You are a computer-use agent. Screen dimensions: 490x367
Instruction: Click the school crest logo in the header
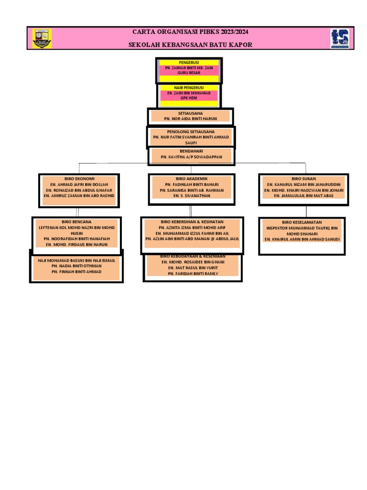pyautogui.click(x=42, y=38)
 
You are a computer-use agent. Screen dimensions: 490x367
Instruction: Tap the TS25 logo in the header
pyautogui.click(x=340, y=38)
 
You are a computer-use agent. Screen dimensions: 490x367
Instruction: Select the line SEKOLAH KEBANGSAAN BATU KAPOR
pyautogui.click(x=190, y=45)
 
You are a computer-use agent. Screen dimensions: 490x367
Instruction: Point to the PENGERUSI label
pyautogui.click(x=189, y=63)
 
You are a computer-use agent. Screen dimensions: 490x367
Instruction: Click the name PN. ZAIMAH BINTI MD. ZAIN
pyautogui.click(x=189, y=68)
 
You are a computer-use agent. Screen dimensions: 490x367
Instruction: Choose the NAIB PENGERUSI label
pyautogui.click(x=189, y=88)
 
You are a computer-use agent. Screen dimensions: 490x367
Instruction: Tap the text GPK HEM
pyautogui.click(x=189, y=98)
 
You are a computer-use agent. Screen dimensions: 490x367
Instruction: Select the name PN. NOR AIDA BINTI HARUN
pyautogui.click(x=190, y=118)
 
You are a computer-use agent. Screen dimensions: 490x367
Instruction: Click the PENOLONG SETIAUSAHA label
pyautogui.click(x=191, y=132)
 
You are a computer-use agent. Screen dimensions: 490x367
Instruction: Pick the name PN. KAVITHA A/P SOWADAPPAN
pyautogui.click(x=191, y=157)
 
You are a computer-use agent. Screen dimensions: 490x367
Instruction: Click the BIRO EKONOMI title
pyautogui.click(x=79, y=178)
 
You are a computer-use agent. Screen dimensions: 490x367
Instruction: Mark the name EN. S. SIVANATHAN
pyautogui.click(x=191, y=196)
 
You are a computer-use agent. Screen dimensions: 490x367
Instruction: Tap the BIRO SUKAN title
pyautogui.click(x=304, y=178)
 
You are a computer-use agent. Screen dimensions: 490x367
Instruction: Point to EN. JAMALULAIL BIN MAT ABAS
pyautogui.click(x=304, y=196)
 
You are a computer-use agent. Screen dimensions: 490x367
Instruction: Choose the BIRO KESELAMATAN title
pyautogui.click(x=302, y=223)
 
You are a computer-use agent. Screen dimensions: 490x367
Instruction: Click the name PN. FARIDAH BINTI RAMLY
pyautogui.click(x=193, y=274)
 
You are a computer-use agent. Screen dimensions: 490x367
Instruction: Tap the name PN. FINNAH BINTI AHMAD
pyautogui.click(x=76, y=272)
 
